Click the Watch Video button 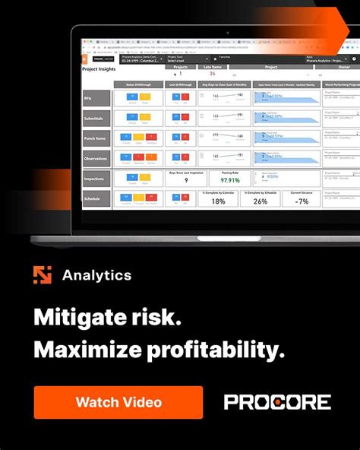118,402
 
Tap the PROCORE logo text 277,402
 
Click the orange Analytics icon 43,275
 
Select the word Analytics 96,275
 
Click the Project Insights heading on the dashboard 99,69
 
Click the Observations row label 96,158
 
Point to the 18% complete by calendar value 219,201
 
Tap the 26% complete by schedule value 260,201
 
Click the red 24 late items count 211,74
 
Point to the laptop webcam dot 227,33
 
